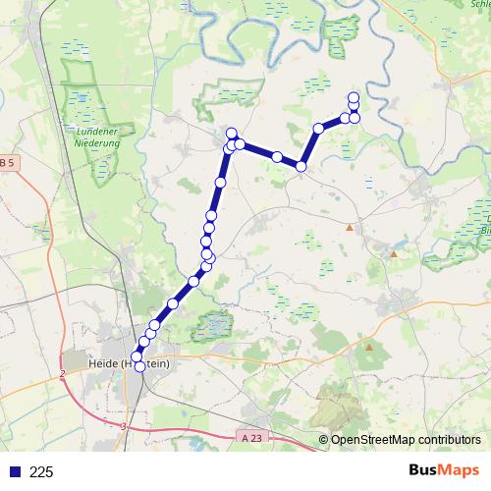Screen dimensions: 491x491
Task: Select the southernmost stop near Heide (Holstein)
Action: (139, 366)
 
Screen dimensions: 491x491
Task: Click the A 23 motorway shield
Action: (251, 439)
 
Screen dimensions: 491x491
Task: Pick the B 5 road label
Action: (7, 162)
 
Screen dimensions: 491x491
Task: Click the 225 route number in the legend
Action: (42, 471)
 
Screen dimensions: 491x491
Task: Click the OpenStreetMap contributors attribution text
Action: (406, 439)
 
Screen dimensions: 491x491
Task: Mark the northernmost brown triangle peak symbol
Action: (349, 228)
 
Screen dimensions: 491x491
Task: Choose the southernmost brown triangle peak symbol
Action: (369, 346)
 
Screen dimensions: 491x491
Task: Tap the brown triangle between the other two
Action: (394, 253)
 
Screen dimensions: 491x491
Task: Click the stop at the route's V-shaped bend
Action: (301, 167)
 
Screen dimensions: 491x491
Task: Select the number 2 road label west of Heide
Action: (61, 374)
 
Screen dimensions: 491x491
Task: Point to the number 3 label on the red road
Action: (124, 426)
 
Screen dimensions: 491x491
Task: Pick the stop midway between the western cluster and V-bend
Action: (278, 157)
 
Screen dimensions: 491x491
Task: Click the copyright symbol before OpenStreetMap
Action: (323, 439)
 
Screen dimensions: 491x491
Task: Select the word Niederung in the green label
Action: (96, 143)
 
